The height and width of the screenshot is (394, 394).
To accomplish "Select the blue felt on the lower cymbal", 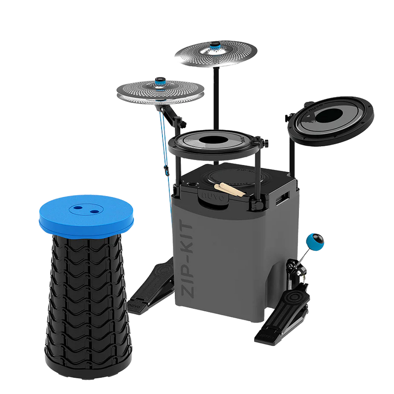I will click(x=161, y=81).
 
